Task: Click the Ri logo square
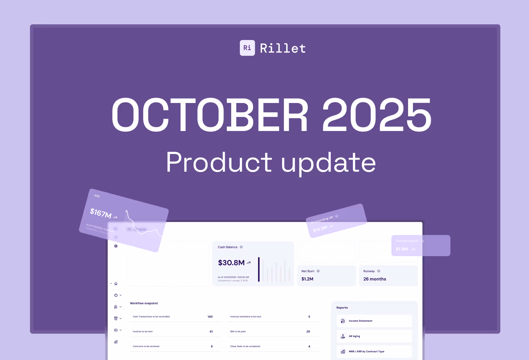pyautogui.click(x=247, y=48)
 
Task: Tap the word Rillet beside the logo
pyautogui.click(x=283, y=49)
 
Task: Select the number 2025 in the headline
pyautogui.click(x=376, y=115)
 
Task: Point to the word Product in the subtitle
pyautogui.click(x=219, y=162)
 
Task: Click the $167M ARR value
pyautogui.click(x=101, y=213)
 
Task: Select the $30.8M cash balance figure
pyautogui.click(x=231, y=263)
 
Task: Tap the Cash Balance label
pyautogui.click(x=228, y=247)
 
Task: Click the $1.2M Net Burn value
pyautogui.click(x=307, y=279)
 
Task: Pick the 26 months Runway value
pyautogui.click(x=374, y=279)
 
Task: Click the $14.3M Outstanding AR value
pyautogui.click(x=320, y=229)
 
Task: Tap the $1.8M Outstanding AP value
pyautogui.click(x=401, y=249)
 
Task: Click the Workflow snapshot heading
pyautogui.click(x=144, y=303)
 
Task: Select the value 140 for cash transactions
pyautogui.click(x=210, y=317)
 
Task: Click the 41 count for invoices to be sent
pyautogui.click(x=211, y=332)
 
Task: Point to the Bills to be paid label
pyautogui.click(x=238, y=332)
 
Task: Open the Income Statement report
pyautogui.click(x=360, y=321)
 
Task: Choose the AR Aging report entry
pyautogui.click(x=354, y=336)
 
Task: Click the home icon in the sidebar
pyautogui.click(x=116, y=284)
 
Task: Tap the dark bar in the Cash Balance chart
pyautogui.click(x=259, y=269)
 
